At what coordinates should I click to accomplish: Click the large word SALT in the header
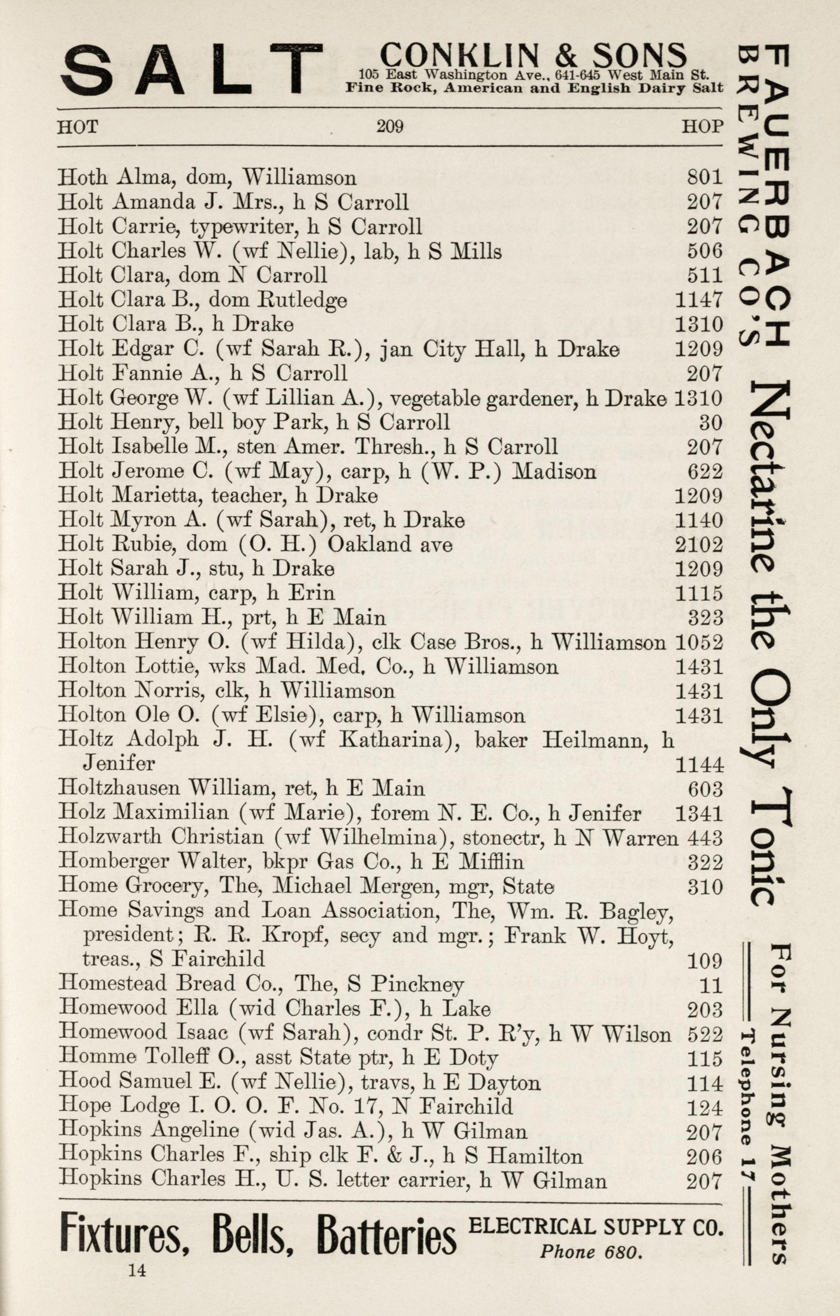click(x=191, y=69)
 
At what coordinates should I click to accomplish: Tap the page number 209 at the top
click(x=390, y=127)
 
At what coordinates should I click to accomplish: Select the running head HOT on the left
click(x=78, y=127)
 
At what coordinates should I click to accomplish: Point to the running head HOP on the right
click(x=702, y=127)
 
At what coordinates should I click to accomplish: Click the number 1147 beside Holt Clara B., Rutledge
click(x=699, y=300)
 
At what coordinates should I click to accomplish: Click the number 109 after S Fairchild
click(x=705, y=960)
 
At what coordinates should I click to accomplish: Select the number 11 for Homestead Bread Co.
click(x=711, y=985)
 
